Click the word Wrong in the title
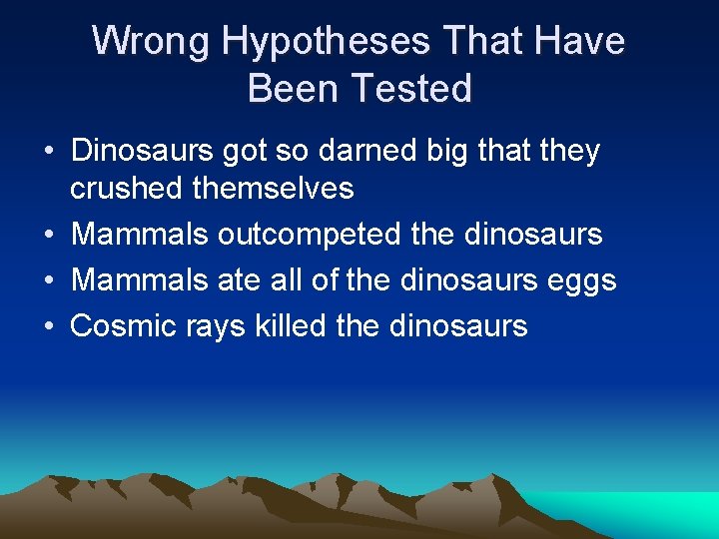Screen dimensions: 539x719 point(151,42)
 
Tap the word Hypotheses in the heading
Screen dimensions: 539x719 point(327,42)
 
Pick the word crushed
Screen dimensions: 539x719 point(126,188)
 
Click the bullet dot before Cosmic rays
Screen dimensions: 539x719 point(48,326)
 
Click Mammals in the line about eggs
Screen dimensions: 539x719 point(140,280)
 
